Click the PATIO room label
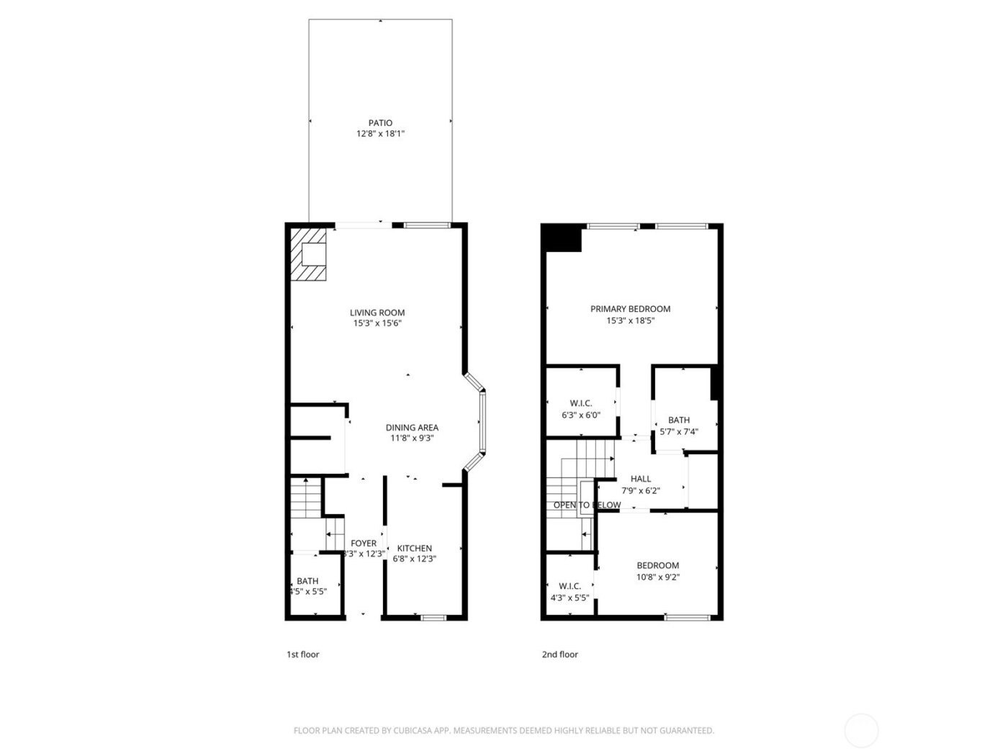(x=380, y=123)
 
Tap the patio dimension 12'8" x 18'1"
(x=380, y=134)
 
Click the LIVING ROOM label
(x=377, y=312)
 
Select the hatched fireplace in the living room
(x=309, y=254)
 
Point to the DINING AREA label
(x=412, y=428)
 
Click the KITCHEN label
(x=415, y=548)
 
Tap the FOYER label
(x=364, y=544)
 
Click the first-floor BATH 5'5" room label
(x=307, y=581)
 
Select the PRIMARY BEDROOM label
(x=630, y=309)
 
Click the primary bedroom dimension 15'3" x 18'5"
(x=630, y=321)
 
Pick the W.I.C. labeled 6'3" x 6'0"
(x=580, y=403)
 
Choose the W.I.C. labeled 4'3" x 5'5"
(x=570, y=586)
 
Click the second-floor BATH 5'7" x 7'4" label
(x=678, y=420)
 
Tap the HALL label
(x=641, y=479)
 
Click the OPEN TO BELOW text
(x=587, y=505)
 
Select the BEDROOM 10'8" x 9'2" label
(x=657, y=565)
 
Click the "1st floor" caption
(x=302, y=654)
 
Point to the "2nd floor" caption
(x=559, y=654)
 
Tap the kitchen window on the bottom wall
(x=433, y=617)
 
